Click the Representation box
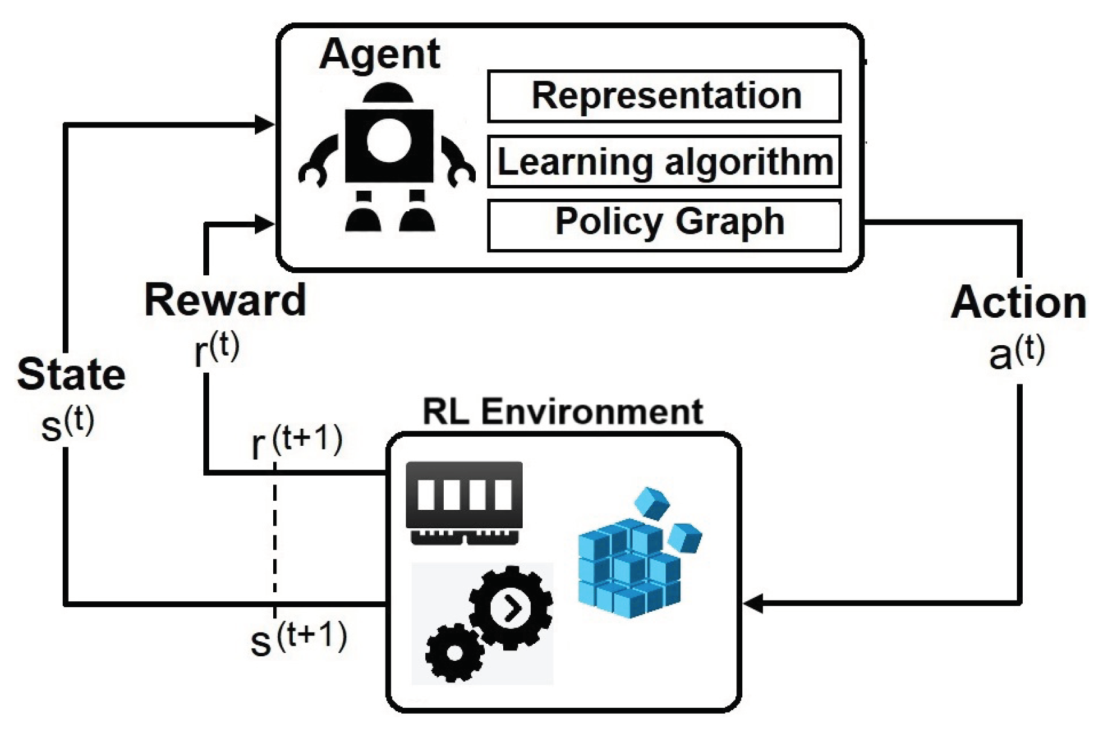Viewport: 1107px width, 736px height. (x=664, y=96)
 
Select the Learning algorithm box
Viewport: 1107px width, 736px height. (x=664, y=161)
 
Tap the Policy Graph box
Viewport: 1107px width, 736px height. (x=664, y=226)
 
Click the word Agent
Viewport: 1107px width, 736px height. (x=380, y=56)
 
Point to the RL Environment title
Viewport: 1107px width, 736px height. (x=563, y=411)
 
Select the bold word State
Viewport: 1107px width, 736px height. (x=71, y=374)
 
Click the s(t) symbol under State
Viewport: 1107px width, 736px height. (x=68, y=424)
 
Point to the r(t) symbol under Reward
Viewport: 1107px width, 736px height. (x=217, y=349)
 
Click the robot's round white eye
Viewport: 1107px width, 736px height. (x=389, y=141)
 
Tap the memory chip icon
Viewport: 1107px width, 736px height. (x=464, y=503)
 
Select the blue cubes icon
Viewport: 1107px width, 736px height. (x=640, y=552)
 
